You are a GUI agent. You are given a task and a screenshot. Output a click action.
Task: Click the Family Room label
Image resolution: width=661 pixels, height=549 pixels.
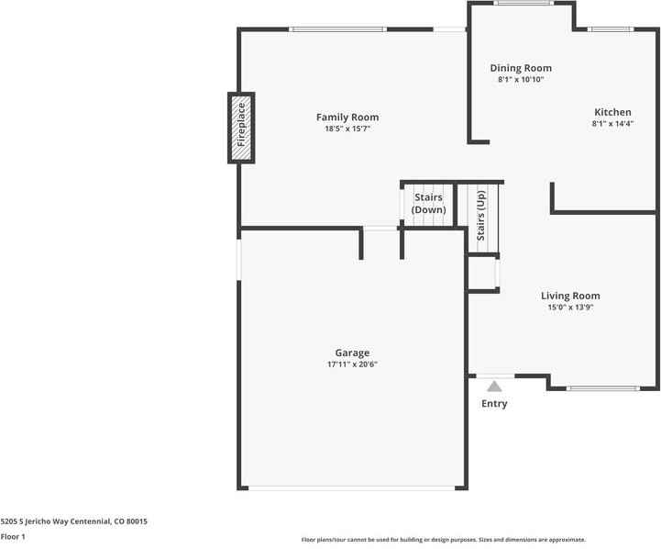pos(347,118)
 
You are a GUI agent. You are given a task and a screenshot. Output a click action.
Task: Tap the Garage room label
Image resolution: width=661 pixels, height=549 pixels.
pos(352,353)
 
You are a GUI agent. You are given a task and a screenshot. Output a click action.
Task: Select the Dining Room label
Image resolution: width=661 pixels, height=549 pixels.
pos(521,68)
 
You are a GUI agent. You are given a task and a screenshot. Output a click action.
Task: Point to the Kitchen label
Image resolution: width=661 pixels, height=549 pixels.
pos(612,112)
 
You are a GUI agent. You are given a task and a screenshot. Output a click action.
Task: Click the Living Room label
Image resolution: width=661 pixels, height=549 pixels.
pos(570,296)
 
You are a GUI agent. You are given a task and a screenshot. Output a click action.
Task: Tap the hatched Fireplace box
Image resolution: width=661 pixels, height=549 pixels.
pos(241,127)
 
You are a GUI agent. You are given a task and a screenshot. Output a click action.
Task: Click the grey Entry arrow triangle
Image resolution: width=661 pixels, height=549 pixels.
pos(494,387)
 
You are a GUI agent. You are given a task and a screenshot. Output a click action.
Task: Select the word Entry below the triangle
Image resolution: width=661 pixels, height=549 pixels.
pos(494,404)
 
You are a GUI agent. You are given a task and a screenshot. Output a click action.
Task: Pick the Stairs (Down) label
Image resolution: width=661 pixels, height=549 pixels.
pos(428,204)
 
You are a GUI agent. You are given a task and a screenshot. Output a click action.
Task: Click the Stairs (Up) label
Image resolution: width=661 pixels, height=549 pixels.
pos(480,214)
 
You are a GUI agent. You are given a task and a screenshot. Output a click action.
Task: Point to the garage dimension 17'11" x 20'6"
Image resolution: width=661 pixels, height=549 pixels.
pos(352,364)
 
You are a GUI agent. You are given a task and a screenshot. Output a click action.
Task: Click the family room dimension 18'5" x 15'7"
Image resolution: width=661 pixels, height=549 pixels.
pos(347,129)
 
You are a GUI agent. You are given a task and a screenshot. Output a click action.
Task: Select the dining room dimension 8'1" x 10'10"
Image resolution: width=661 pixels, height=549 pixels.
pos(521,80)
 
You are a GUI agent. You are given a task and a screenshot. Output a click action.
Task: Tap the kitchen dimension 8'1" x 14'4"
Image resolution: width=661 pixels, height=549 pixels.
pos(612,124)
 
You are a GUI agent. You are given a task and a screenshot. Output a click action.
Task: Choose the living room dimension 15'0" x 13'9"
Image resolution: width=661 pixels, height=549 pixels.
pos(570,308)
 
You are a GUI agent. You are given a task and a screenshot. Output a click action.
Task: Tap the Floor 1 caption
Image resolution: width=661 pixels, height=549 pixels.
pos(13,536)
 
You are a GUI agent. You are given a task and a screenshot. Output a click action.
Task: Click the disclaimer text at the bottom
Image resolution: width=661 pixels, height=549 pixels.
pos(443,540)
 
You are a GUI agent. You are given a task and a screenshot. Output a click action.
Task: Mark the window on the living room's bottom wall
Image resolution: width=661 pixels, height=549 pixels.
pos(601,388)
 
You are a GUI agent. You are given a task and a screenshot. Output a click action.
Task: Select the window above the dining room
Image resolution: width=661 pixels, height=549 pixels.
pos(523,3)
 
